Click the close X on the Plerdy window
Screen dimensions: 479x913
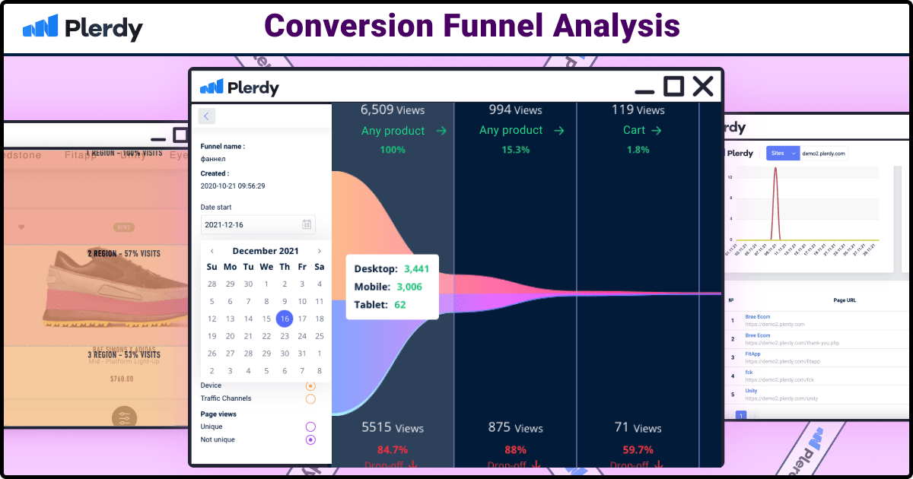tap(702, 87)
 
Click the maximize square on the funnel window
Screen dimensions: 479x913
tap(673, 86)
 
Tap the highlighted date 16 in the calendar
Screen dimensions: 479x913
tap(284, 319)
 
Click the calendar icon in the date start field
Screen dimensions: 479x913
tap(306, 224)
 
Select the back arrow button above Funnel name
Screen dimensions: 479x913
tap(207, 116)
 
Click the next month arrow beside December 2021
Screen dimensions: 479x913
tap(320, 251)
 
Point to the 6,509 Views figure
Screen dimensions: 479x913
tap(393, 110)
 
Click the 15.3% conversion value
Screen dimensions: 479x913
tap(515, 150)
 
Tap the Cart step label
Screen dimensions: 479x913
tap(635, 130)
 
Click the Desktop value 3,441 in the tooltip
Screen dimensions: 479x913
tap(416, 268)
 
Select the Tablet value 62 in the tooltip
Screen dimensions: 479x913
tap(400, 304)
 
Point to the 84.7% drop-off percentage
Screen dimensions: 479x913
tap(393, 449)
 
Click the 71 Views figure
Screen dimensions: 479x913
tap(638, 428)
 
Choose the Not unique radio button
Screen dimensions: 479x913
tap(310, 439)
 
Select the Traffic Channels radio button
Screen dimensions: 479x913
tap(310, 398)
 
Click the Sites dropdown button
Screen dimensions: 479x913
tap(782, 153)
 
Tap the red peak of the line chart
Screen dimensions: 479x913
tap(775, 169)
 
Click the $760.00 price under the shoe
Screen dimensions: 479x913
tap(121, 379)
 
